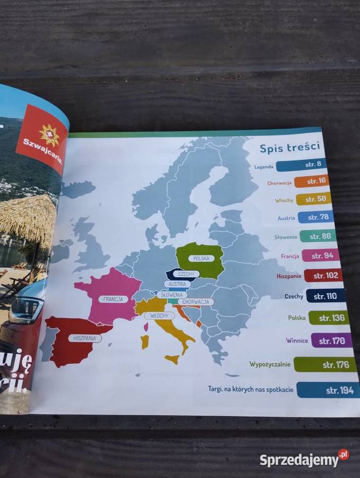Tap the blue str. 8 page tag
(x=301, y=165)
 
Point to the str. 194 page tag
(x=328, y=390)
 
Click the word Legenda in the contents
(x=264, y=167)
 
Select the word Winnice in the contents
(x=297, y=340)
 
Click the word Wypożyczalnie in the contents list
(x=269, y=364)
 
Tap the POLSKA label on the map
(x=201, y=258)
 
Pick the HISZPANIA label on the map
(x=84, y=338)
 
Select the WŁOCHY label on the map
(x=159, y=315)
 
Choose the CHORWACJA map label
(x=195, y=302)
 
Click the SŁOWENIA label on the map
(x=172, y=294)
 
